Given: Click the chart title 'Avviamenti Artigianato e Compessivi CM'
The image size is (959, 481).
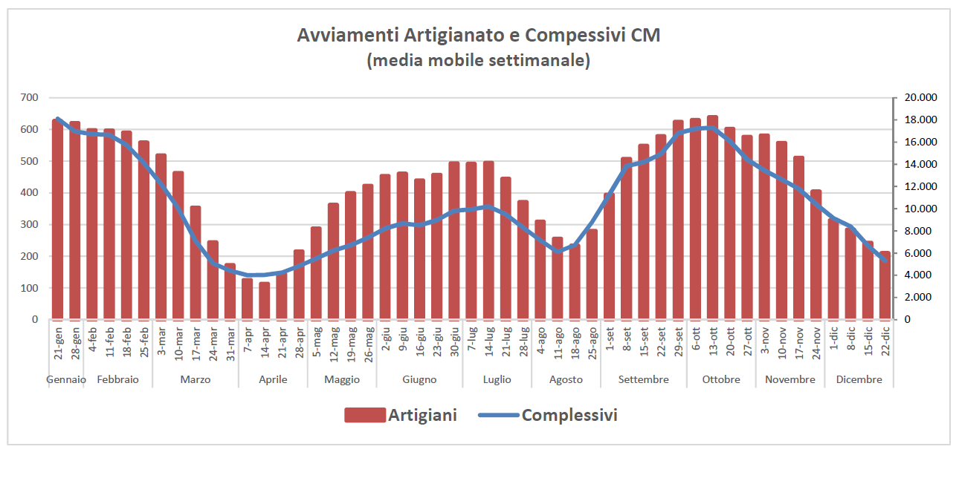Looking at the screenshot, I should tap(479, 36).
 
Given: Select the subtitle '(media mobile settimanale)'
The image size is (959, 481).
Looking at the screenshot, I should tap(479, 61).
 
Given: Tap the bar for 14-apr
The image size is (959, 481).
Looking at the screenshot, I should tap(265, 301).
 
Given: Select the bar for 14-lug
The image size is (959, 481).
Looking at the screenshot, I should tap(488, 240).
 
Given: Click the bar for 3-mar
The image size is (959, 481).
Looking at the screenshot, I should tap(161, 237).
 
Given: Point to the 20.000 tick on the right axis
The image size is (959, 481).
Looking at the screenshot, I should tap(919, 98).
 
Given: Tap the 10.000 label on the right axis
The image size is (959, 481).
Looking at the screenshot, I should tap(919, 209).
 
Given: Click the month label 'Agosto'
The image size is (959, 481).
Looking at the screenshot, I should tap(566, 379).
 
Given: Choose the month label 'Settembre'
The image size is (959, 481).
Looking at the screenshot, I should tap(644, 379).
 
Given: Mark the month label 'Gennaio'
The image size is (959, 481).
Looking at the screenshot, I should tap(66, 379).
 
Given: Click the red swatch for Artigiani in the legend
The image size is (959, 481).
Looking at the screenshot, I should tap(364, 415).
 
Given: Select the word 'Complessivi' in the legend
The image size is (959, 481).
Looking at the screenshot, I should tap(569, 415).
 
